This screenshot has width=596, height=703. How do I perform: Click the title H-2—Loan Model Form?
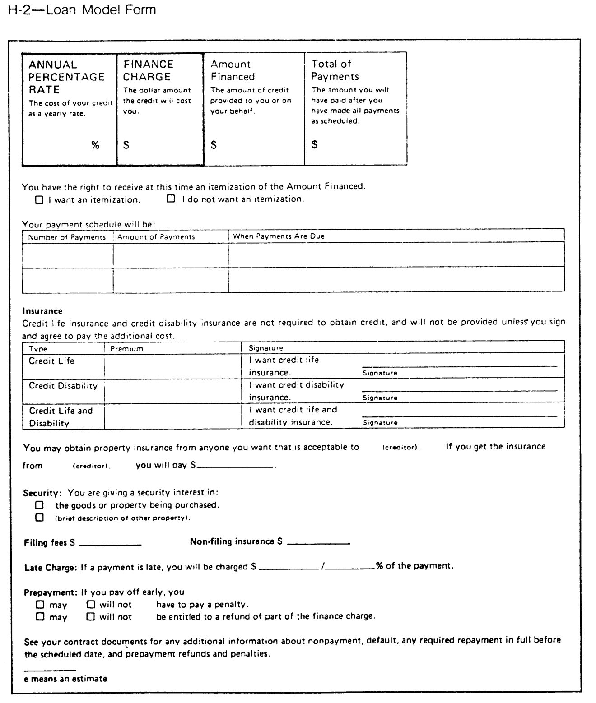(82, 9)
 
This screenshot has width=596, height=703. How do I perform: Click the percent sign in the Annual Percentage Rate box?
(95, 145)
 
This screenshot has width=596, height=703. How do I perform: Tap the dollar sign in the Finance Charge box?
(126, 145)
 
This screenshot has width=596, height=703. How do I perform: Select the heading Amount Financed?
(233, 70)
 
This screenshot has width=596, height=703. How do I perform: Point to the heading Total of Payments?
(335, 70)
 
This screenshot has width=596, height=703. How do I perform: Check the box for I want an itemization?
(39, 199)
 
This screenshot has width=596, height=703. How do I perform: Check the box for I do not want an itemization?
(171, 199)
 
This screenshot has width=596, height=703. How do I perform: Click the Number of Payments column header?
(67, 237)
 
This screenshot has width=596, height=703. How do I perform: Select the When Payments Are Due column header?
(279, 236)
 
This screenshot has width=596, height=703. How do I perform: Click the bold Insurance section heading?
(42, 311)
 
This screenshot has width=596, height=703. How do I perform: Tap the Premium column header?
(126, 349)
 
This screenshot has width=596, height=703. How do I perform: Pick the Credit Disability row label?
(63, 386)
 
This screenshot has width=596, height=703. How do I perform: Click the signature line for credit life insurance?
(459, 366)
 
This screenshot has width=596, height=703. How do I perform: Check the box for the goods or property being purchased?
(40, 505)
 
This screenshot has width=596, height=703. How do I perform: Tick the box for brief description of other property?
(40, 518)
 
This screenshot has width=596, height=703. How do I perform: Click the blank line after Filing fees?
(110, 544)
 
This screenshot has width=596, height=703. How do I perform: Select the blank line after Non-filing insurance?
(318, 544)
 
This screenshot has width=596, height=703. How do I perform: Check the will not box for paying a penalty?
(91, 604)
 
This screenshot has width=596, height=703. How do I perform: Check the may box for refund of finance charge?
(40, 616)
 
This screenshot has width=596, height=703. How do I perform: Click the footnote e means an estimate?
(65, 679)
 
